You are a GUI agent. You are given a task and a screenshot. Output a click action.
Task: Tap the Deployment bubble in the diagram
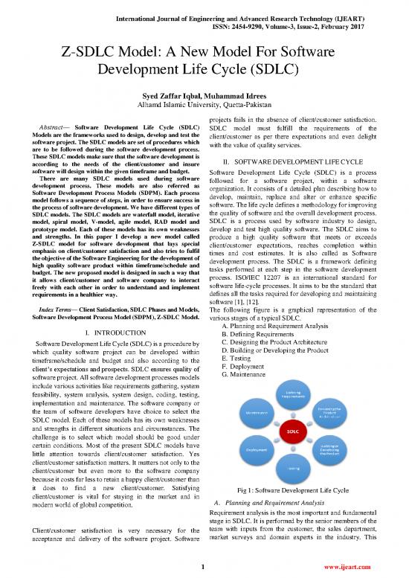pos(254,450)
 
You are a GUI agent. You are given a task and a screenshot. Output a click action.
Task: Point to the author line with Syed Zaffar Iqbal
pos(204,105)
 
